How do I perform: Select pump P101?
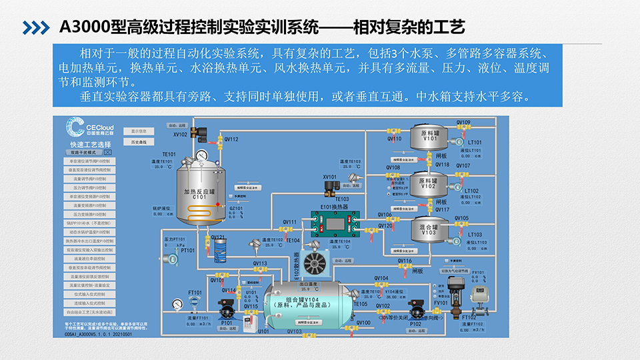pyautogui.click(x=227, y=312)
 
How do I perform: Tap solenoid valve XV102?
pyautogui.click(x=195, y=128)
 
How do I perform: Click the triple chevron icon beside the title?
pyautogui.click(x=37, y=27)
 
